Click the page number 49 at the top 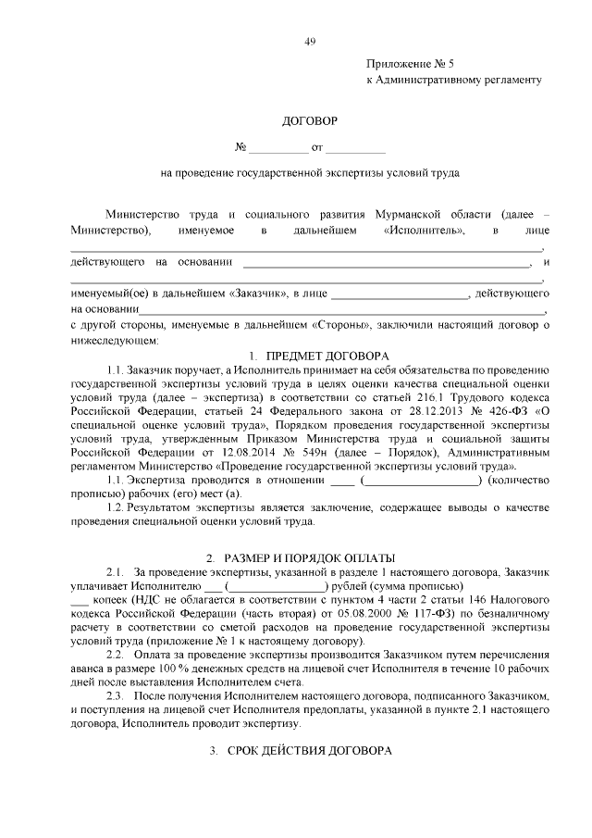pyautogui.click(x=310, y=41)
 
